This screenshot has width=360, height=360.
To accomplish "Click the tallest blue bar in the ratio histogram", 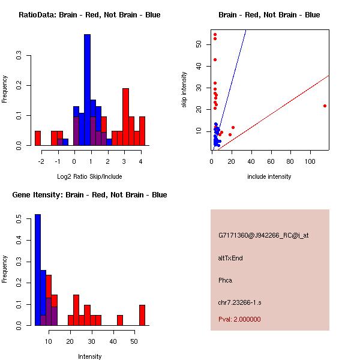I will (87, 90).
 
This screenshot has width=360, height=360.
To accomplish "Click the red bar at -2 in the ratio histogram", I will (37, 138).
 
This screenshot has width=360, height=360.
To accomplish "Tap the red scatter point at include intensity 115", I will (325, 106).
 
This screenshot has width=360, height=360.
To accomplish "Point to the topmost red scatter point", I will (215, 34).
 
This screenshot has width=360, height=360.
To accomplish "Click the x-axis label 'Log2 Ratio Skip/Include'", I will (89, 176).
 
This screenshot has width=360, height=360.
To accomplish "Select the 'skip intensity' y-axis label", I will (184, 90).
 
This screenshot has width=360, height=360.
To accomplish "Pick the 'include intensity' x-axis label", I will (269, 176).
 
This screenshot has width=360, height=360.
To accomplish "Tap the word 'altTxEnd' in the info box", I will (230, 258).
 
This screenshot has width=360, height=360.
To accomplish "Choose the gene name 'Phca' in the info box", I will (225, 280).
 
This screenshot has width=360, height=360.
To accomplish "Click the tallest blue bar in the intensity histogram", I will (37, 270).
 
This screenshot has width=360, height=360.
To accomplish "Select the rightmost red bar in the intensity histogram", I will (142, 315).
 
